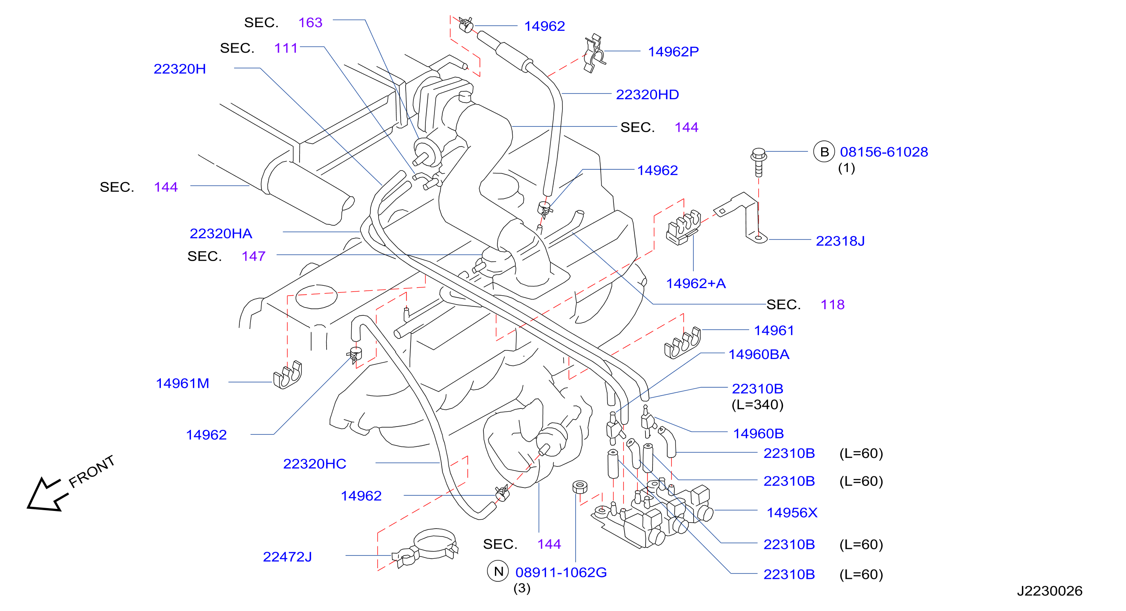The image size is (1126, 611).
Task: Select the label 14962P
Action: (x=673, y=51)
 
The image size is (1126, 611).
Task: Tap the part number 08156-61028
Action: (x=883, y=152)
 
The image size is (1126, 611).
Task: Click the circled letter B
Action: (x=824, y=152)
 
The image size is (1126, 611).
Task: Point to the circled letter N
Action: (x=498, y=571)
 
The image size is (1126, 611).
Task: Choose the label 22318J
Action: (x=840, y=241)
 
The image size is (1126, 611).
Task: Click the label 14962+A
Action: (x=695, y=283)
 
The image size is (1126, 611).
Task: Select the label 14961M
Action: (x=182, y=383)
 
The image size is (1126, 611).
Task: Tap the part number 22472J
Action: (x=287, y=557)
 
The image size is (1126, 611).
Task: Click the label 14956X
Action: (x=792, y=513)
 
